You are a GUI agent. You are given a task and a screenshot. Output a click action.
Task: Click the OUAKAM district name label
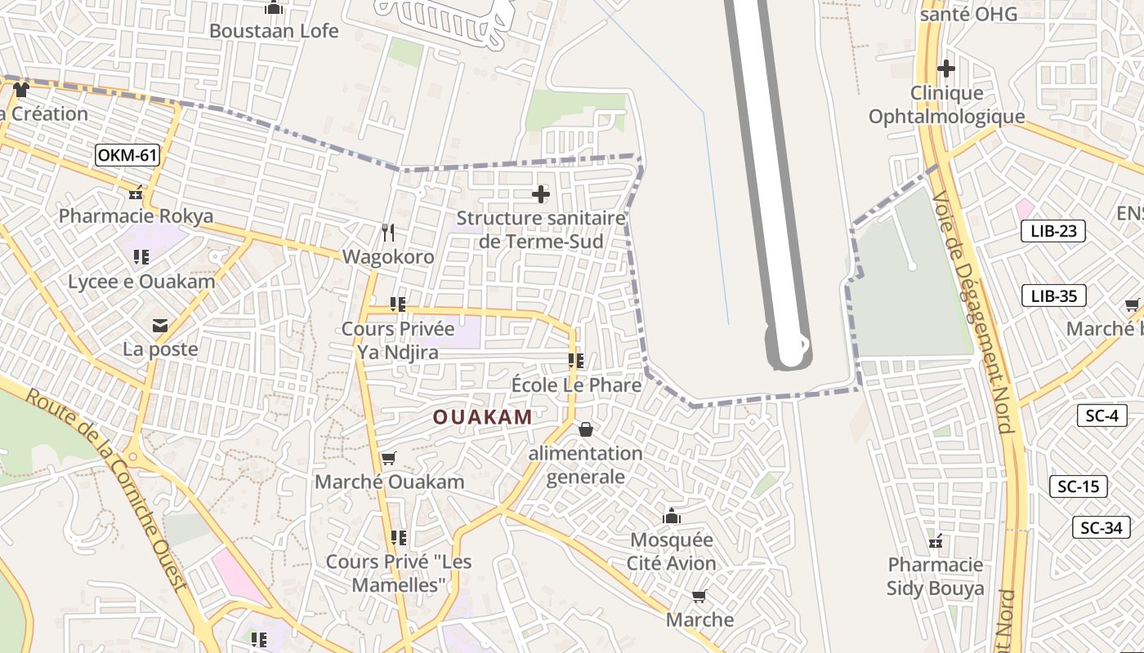pos(482,417)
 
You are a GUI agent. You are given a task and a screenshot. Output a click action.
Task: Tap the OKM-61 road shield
pos(127,155)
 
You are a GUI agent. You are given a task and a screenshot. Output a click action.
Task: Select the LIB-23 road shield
pos(1053,231)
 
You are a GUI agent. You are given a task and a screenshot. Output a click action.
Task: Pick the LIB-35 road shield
pos(1053,295)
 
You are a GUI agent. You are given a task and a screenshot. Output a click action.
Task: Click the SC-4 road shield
pos(1101,415)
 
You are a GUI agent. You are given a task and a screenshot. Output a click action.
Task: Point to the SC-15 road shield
pos(1078,486)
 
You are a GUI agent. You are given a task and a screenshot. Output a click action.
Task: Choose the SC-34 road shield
pos(1101,527)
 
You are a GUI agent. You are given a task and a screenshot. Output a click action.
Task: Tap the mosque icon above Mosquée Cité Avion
pos(672,516)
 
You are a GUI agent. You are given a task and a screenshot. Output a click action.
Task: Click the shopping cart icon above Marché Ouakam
pos(389,458)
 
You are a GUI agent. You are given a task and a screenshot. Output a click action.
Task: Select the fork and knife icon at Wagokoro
pos(389,233)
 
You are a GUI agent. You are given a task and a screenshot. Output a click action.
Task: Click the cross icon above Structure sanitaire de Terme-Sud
pos(540,194)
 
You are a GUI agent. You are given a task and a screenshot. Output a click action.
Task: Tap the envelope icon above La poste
pos(160,326)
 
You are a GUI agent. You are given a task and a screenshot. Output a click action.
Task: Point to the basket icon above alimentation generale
pos(586,429)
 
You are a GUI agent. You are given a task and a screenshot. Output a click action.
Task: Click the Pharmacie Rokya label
pos(136,216)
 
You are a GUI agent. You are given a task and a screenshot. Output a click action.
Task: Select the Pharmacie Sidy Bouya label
pos(936,576)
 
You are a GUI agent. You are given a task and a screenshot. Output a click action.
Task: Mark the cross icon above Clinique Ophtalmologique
pos(945,69)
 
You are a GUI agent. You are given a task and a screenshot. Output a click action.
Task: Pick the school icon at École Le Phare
pos(575,360)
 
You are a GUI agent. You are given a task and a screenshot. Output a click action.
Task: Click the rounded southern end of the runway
pos(789,356)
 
